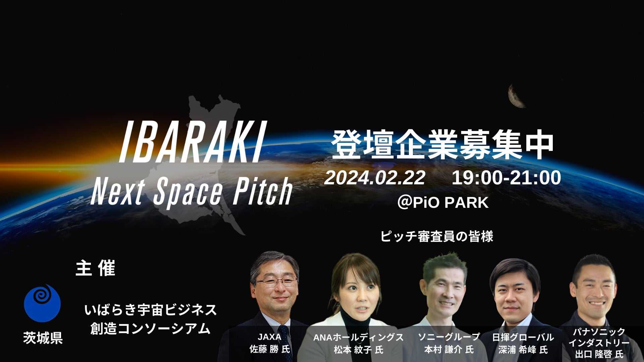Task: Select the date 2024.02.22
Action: tap(375, 178)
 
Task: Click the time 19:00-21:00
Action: tap(506, 178)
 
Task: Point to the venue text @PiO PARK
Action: tap(443, 202)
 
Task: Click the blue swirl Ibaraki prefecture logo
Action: tap(42, 303)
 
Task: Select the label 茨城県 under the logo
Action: tap(43, 338)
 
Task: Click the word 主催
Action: tap(96, 268)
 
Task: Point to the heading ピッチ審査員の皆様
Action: tap(437, 236)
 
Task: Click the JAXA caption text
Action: tap(269, 337)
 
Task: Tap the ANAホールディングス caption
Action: tap(358, 337)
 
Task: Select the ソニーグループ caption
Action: tap(449, 337)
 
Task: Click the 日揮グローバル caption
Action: tap(523, 337)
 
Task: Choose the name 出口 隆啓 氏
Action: tap(599, 354)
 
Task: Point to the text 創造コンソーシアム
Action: tap(151, 329)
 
